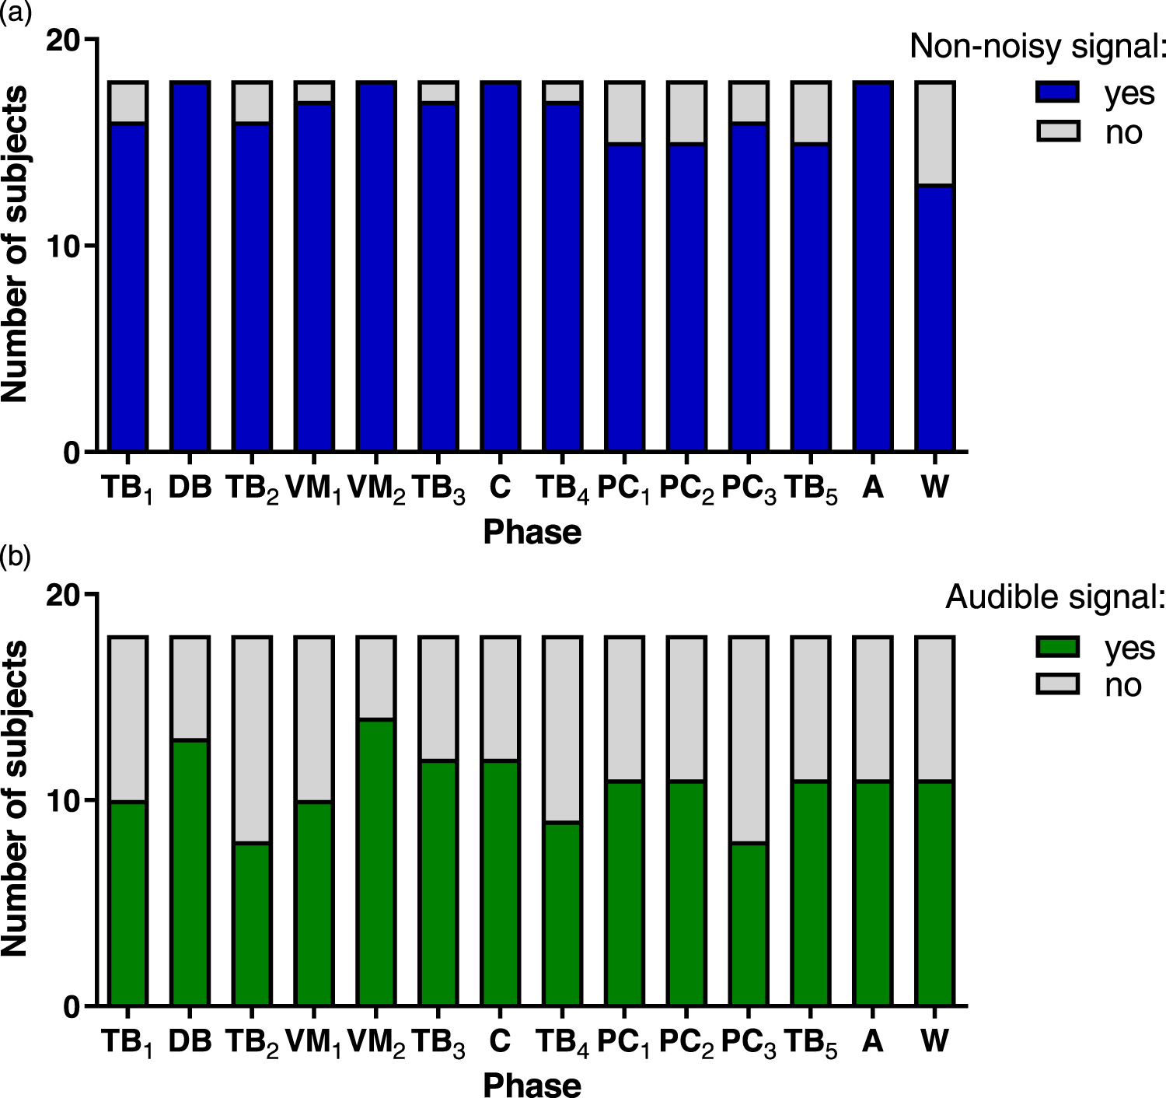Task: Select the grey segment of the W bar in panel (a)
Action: pos(935,133)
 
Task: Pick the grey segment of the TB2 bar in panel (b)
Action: pos(252,740)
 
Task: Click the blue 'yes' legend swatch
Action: pos(1058,93)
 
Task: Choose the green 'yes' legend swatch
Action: pos(1058,647)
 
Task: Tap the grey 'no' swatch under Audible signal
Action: pos(1058,684)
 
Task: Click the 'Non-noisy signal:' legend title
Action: pos(1038,46)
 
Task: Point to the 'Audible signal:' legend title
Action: pos(1055,597)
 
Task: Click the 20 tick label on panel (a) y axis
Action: pos(63,40)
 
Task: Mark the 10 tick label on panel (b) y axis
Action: pos(63,800)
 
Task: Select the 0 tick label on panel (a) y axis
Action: pos(72,453)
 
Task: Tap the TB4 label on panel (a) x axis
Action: pos(562,488)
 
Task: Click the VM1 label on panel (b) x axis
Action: pos(313,1042)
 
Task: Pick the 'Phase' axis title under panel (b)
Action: pos(532,1085)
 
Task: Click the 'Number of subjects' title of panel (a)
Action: pos(16,244)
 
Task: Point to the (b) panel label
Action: pos(15,557)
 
